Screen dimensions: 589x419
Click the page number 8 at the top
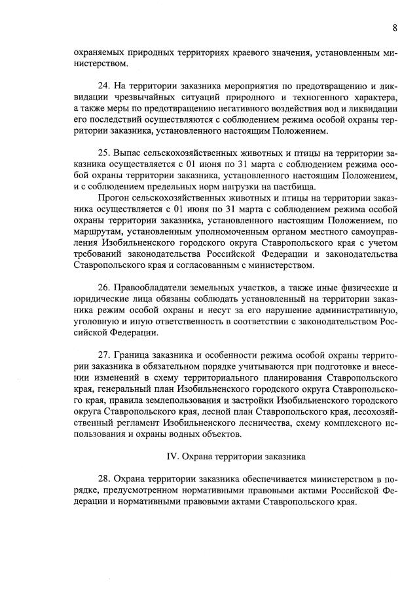(x=395, y=28)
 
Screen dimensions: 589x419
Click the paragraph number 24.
(x=103, y=85)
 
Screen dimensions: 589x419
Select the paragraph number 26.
(x=103, y=288)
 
